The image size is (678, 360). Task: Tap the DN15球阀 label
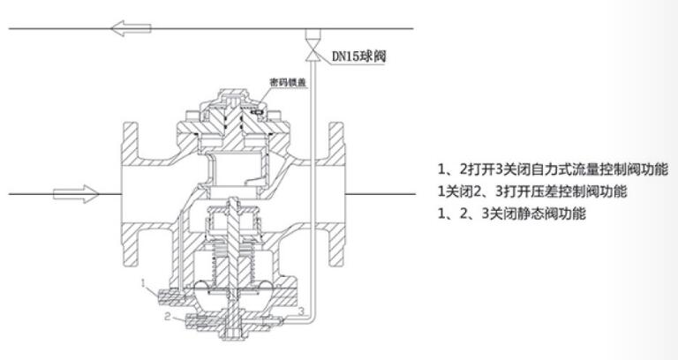[358, 56]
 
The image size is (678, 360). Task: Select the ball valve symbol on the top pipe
[312, 48]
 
